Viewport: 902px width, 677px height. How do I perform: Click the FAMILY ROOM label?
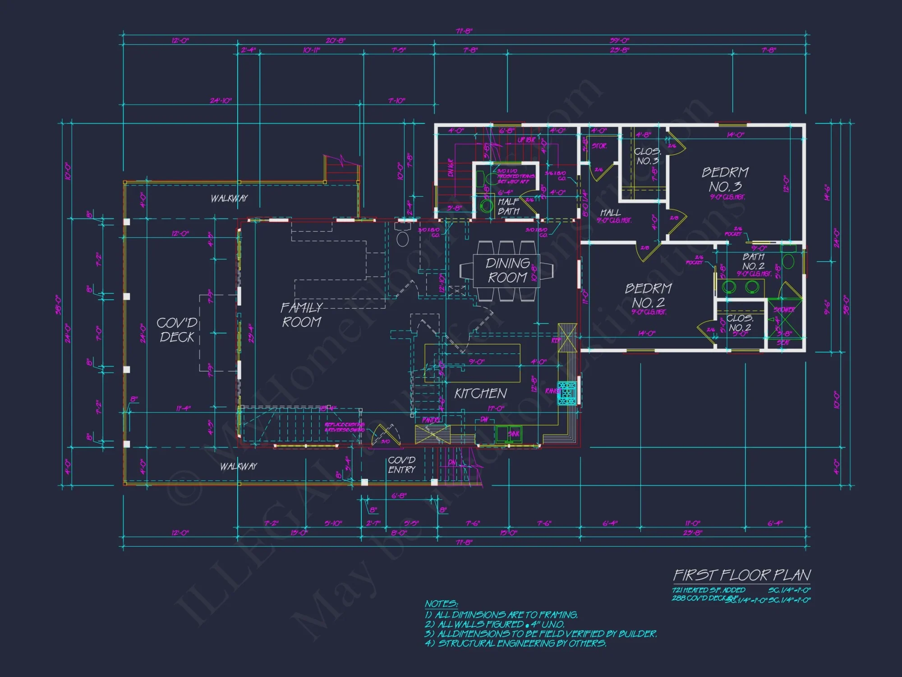(x=301, y=315)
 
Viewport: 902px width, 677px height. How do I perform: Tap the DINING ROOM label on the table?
(x=507, y=270)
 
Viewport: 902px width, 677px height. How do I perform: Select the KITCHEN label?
(x=480, y=394)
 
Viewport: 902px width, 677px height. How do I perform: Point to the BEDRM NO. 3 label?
(x=725, y=180)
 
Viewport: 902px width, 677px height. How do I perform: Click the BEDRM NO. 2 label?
(x=649, y=296)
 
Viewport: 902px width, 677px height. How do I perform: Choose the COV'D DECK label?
(x=177, y=330)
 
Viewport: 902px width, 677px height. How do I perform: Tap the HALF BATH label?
(x=509, y=207)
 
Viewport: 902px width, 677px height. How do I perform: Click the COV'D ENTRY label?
(x=401, y=465)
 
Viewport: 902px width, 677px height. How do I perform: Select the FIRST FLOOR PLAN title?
(x=742, y=575)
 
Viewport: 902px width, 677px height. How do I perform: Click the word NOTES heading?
(x=441, y=604)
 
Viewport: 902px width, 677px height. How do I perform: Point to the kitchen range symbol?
(x=567, y=393)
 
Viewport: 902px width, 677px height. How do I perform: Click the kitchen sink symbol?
(x=509, y=434)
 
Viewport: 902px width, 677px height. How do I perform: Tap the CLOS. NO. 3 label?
(x=647, y=156)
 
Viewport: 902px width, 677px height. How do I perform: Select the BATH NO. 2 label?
(x=753, y=261)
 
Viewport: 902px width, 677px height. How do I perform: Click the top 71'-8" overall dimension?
(x=464, y=31)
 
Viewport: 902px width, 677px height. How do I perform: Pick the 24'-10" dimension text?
(x=221, y=100)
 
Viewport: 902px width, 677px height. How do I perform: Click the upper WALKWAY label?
(x=229, y=198)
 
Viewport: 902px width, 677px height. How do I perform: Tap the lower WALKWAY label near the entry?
(x=238, y=466)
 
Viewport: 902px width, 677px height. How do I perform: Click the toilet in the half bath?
(x=486, y=206)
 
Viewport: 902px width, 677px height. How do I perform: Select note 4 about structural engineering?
(x=515, y=643)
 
